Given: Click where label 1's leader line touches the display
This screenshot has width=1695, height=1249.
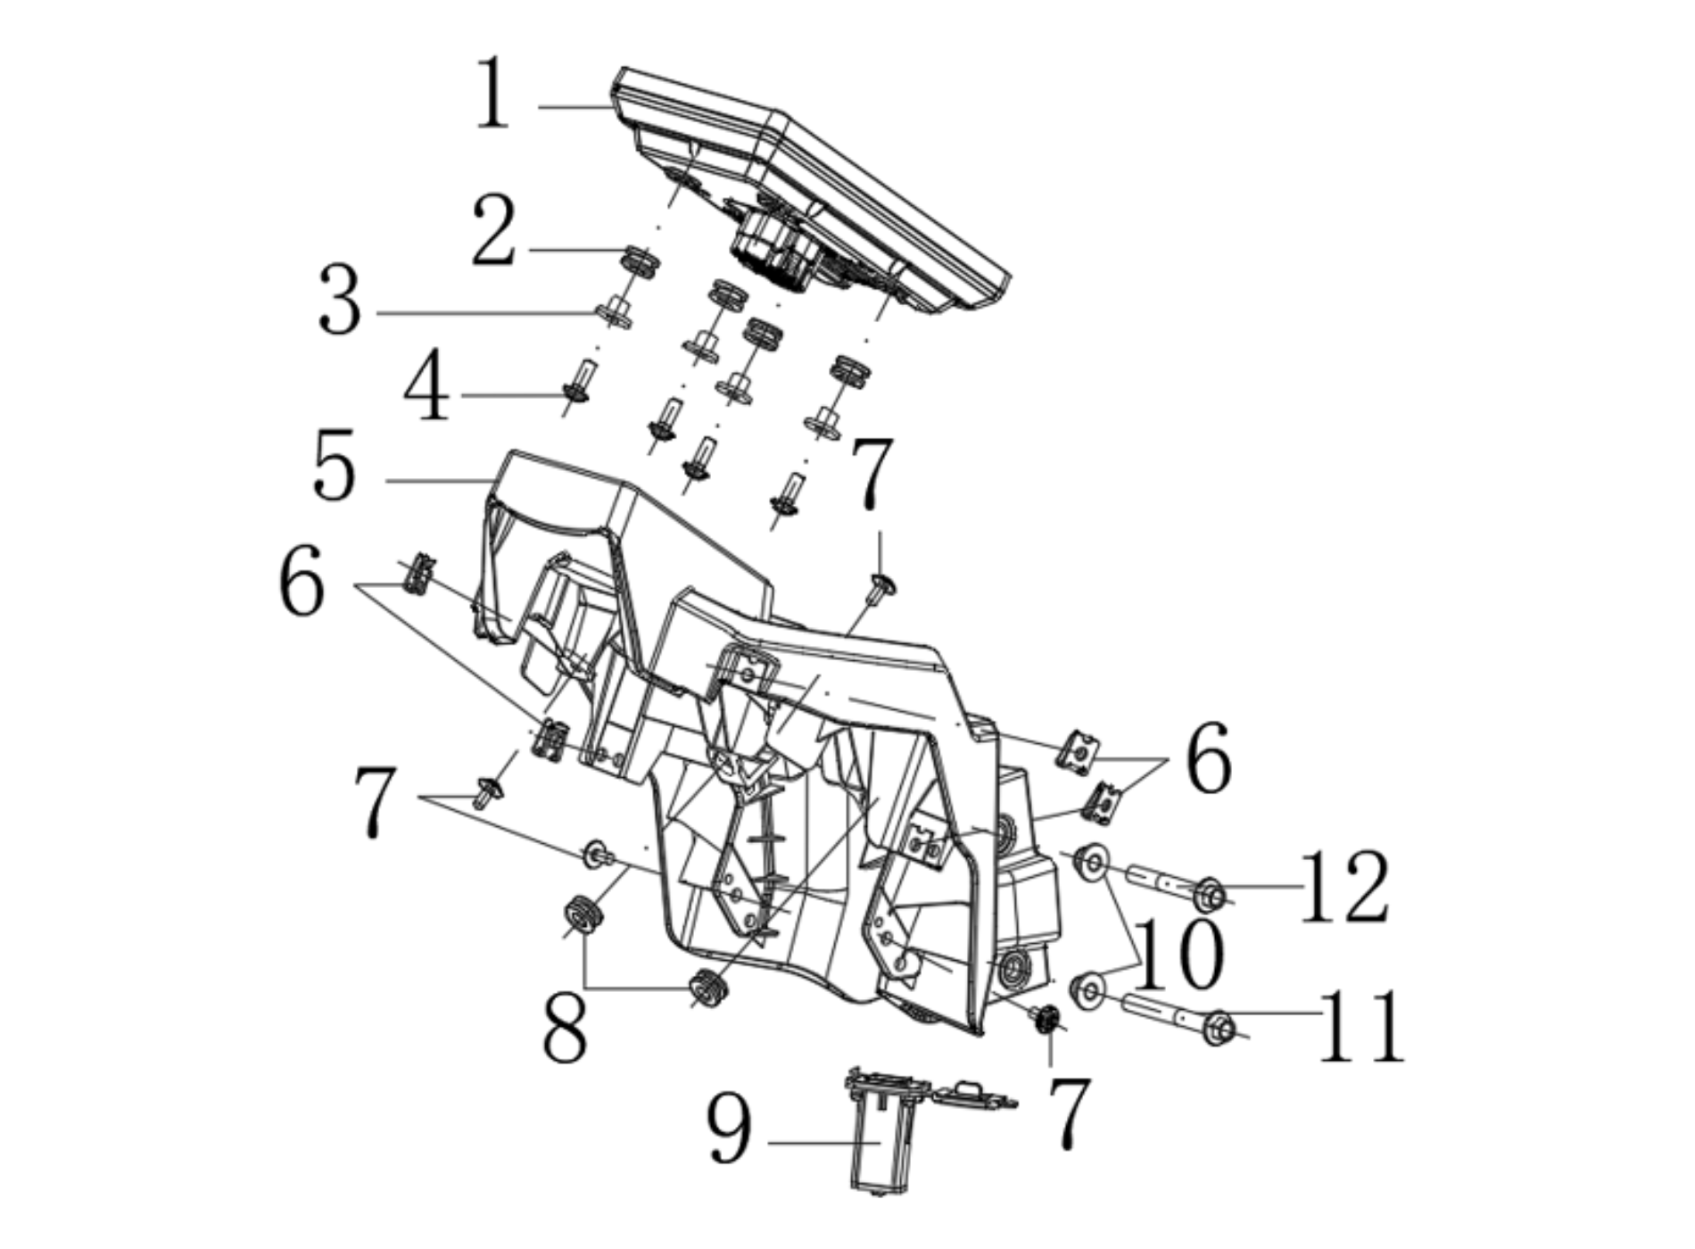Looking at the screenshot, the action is [614, 107].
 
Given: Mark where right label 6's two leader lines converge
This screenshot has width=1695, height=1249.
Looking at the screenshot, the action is [1169, 758].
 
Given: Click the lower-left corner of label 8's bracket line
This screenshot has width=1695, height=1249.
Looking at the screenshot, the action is [584, 987].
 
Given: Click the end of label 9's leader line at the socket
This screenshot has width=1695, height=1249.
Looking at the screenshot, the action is [881, 1142].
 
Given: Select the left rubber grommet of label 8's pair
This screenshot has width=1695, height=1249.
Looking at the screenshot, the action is [582, 915].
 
